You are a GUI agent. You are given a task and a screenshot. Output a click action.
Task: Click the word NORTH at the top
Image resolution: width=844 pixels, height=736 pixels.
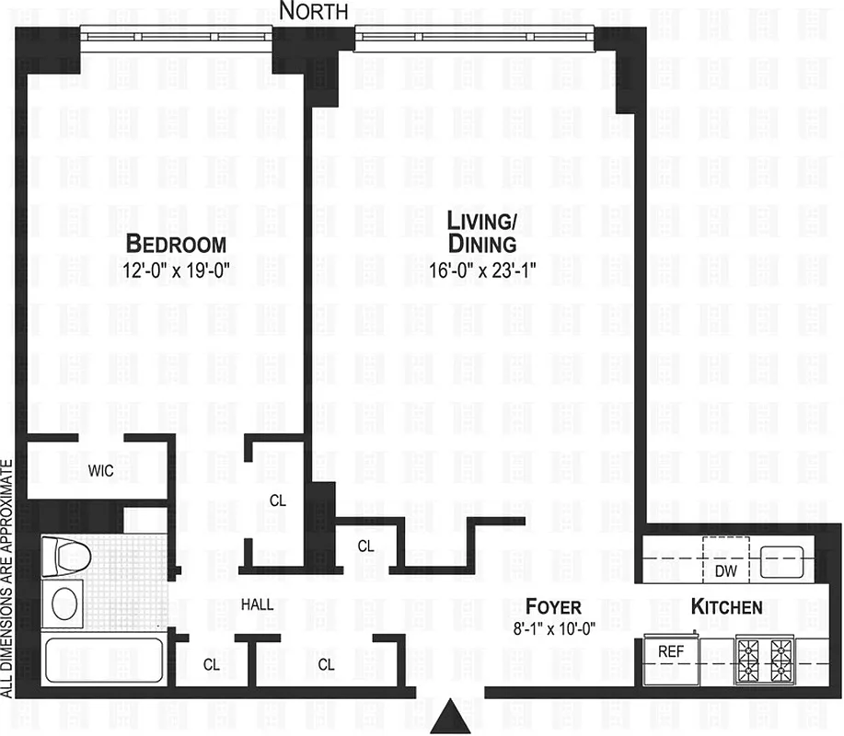(x=313, y=11)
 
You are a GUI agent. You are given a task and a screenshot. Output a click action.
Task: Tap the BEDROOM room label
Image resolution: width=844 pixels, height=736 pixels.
(x=176, y=244)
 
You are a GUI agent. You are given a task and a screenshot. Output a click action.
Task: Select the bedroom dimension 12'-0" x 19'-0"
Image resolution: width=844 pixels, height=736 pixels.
(x=176, y=271)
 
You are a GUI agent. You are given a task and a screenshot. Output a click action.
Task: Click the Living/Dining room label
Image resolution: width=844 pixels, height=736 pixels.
(x=481, y=232)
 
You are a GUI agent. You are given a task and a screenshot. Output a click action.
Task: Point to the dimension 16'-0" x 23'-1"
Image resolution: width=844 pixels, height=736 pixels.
(x=481, y=270)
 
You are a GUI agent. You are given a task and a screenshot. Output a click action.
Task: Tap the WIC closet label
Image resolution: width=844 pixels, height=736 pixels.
(x=101, y=471)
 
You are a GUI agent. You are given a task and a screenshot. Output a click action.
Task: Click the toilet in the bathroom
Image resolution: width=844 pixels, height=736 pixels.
(x=65, y=557)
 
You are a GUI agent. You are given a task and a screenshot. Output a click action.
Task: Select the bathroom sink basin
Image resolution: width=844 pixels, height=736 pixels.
(x=64, y=604)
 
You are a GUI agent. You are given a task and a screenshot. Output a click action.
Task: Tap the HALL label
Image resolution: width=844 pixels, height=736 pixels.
(x=257, y=605)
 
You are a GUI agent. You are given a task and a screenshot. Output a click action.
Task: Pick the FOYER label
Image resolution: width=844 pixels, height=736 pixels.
(x=553, y=606)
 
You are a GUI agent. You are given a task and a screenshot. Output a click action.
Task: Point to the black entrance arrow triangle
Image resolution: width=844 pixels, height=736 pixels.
(x=452, y=715)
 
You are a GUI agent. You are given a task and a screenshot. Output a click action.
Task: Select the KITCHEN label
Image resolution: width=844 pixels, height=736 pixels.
(x=726, y=607)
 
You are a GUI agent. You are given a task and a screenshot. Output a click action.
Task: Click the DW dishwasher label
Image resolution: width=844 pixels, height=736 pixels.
(x=726, y=570)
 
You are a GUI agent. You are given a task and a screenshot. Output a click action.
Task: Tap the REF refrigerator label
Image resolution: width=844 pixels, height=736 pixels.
(x=669, y=651)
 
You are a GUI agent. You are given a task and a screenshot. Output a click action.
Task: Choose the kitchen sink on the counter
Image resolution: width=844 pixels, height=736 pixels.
(x=781, y=560)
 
